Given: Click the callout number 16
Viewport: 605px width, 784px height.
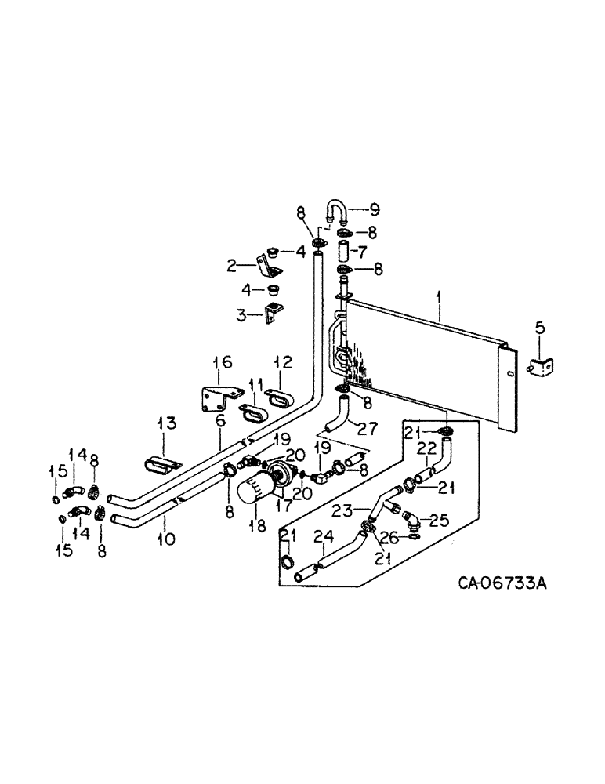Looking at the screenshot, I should [x=223, y=361].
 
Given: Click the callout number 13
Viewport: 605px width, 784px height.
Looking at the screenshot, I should [x=166, y=424].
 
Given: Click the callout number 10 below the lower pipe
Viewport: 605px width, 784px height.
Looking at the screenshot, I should [x=166, y=539].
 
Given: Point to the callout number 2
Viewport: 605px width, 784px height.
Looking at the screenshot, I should [x=231, y=266].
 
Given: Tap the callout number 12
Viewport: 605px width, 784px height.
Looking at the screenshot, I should [x=282, y=361].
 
